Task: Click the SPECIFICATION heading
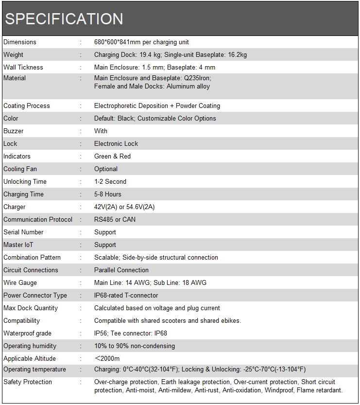64,19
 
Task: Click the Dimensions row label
20,42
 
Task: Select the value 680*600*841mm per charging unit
141,42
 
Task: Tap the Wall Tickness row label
23,68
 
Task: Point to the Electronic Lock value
116,143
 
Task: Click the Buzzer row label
14,131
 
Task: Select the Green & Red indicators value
112,156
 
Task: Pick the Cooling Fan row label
20,169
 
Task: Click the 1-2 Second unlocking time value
110,181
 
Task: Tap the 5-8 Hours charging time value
108,194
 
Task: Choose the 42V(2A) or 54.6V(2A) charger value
124,207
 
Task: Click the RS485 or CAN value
115,219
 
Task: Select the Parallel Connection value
121,270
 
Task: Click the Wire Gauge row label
20,282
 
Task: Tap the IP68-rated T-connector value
126,295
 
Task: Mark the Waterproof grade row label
27,333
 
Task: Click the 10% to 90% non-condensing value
135,346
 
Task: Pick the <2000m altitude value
107,358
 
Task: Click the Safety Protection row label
28,382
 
